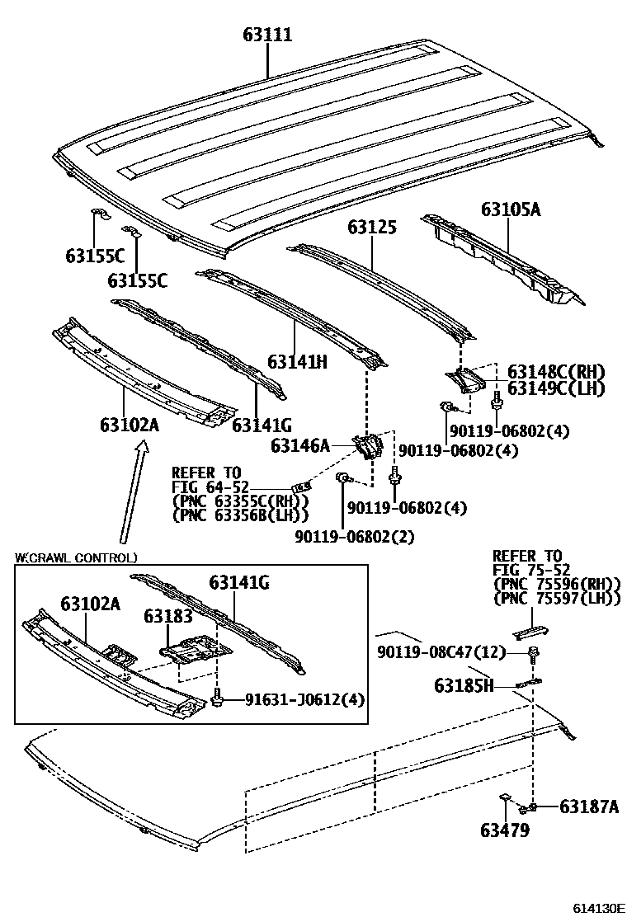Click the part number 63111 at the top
coord(267,35)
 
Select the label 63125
coord(371,228)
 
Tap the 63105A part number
coord(511,209)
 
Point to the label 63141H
coord(298,360)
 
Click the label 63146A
coord(300,446)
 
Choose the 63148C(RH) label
coord(556,373)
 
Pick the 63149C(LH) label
coord(556,388)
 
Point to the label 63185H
coord(464,684)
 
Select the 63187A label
coord(588,806)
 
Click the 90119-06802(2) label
coord(354,536)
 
